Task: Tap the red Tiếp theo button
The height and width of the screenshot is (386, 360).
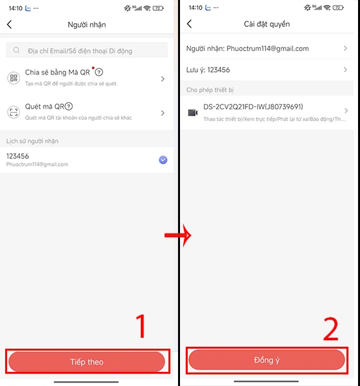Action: click(x=87, y=362)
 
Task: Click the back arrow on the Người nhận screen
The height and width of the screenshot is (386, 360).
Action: click(x=9, y=24)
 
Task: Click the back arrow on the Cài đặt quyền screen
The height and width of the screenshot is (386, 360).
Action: click(x=189, y=24)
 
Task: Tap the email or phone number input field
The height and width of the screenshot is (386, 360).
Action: click(x=87, y=50)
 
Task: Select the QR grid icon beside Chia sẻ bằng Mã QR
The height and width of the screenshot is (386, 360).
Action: click(x=14, y=78)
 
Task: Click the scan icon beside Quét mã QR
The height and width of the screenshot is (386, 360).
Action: click(x=14, y=112)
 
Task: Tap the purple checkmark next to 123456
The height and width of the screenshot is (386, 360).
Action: click(x=163, y=160)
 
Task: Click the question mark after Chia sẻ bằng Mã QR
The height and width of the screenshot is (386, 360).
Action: click(x=98, y=72)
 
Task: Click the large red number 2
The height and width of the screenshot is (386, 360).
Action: click(x=330, y=329)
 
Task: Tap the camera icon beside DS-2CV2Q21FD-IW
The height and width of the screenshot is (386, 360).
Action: click(x=192, y=112)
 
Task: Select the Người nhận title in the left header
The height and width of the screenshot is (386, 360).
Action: click(x=87, y=24)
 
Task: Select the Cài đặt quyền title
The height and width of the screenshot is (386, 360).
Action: click(x=267, y=24)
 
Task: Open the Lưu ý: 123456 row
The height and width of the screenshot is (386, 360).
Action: click(x=267, y=69)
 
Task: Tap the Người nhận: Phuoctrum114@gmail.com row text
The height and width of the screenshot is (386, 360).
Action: click(x=248, y=48)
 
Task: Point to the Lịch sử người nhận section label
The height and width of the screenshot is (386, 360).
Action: click(x=33, y=140)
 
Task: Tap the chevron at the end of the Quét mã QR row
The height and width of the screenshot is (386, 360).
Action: click(x=163, y=112)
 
